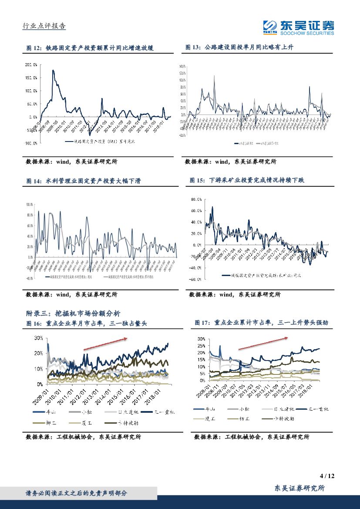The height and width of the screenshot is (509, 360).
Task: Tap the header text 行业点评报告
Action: pyautogui.click(x=44, y=26)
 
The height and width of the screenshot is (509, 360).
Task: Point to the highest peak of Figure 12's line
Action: pyautogui.click(x=53, y=70)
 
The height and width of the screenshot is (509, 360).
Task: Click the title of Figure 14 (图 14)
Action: pyautogui.click(x=83, y=181)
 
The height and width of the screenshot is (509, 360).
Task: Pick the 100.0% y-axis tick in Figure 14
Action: pyautogui.click(x=30, y=204)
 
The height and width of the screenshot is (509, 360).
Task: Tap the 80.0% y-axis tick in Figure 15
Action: pyautogui.click(x=196, y=199)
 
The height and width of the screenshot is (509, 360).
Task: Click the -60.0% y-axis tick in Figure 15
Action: pyautogui.click(x=196, y=279)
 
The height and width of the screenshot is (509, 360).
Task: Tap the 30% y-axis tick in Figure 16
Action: pyautogui.click(x=38, y=338)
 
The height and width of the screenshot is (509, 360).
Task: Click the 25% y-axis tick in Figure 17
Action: pyautogui.click(x=201, y=346)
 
